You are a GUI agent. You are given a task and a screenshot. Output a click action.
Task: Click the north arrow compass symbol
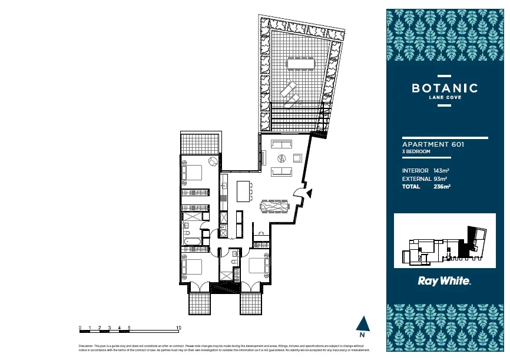point(363,323)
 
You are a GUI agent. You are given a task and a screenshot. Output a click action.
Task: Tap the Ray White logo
point(444,281)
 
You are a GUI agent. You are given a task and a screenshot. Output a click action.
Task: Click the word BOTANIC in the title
point(445,88)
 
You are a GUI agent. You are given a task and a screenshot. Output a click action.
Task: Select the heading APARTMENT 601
point(433,144)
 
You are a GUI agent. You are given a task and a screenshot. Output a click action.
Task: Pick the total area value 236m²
point(442,186)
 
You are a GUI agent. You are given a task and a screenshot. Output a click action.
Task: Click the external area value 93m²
point(440,179)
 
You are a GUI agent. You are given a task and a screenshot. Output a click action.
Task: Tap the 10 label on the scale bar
point(178,327)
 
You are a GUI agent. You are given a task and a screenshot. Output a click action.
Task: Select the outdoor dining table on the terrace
point(300,63)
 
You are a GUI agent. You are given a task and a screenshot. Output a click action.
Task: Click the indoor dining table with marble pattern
point(275,206)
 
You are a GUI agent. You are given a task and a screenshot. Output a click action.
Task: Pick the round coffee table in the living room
point(282,157)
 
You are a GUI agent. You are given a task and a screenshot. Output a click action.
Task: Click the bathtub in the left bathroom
point(191,242)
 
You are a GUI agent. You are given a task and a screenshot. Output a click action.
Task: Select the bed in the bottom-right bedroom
point(258,266)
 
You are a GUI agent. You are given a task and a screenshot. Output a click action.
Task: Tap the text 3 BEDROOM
point(416,152)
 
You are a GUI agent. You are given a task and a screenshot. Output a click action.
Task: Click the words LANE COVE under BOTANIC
point(445,98)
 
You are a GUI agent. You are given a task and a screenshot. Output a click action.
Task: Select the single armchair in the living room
point(297,157)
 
